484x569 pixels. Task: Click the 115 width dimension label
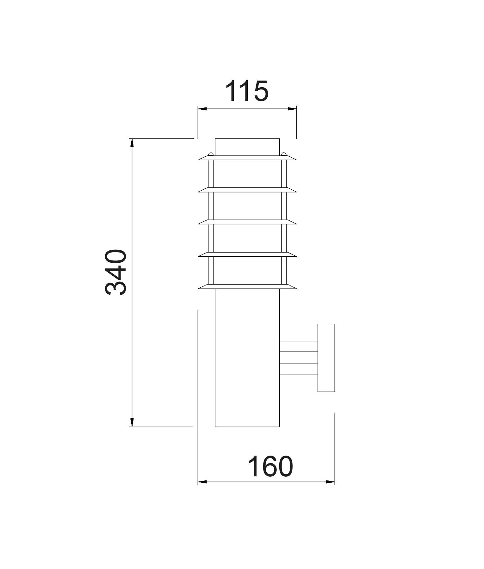(x=247, y=92)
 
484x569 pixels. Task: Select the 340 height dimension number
(x=116, y=272)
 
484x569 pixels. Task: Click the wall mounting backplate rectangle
(x=326, y=358)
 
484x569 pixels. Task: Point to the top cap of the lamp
(x=247, y=147)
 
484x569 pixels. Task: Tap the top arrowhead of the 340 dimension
(x=132, y=143)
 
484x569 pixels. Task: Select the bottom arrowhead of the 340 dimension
(x=132, y=422)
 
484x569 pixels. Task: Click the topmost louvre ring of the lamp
(x=247, y=158)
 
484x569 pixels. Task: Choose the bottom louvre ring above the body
(x=247, y=287)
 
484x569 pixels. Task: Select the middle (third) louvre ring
(x=247, y=222)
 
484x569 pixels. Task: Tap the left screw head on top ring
(x=210, y=154)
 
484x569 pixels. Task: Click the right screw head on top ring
(x=284, y=154)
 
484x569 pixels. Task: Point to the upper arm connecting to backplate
(x=299, y=346)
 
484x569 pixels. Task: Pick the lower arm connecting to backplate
(x=299, y=370)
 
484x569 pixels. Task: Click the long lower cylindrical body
(x=247, y=357)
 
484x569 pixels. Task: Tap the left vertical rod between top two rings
(x=211, y=174)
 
